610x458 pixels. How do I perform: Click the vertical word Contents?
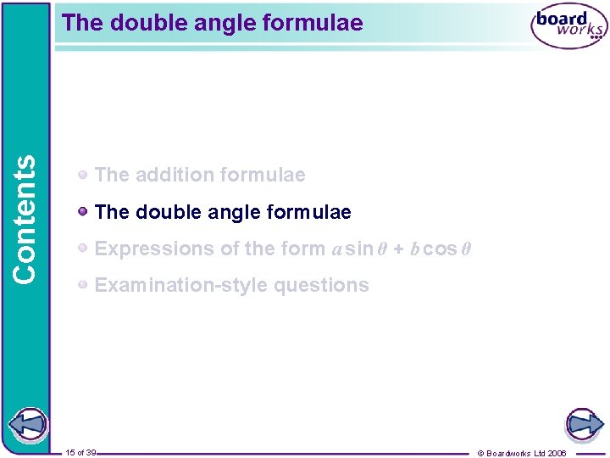(x=25, y=219)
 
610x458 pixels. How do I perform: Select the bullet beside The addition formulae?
(x=83, y=175)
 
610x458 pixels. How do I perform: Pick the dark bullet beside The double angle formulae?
(x=83, y=211)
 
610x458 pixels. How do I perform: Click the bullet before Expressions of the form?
(x=83, y=248)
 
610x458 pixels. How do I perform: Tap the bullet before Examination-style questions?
(x=83, y=285)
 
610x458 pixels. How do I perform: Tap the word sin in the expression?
(x=359, y=249)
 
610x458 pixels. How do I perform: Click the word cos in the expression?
(x=440, y=249)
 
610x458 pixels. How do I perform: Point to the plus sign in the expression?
(x=398, y=249)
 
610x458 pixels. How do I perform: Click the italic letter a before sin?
(x=336, y=249)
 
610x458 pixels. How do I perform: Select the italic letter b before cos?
(x=414, y=249)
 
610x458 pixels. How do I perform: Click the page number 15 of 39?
(x=80, y=453)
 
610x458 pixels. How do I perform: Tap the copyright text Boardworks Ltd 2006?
(x=528, y=453)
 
